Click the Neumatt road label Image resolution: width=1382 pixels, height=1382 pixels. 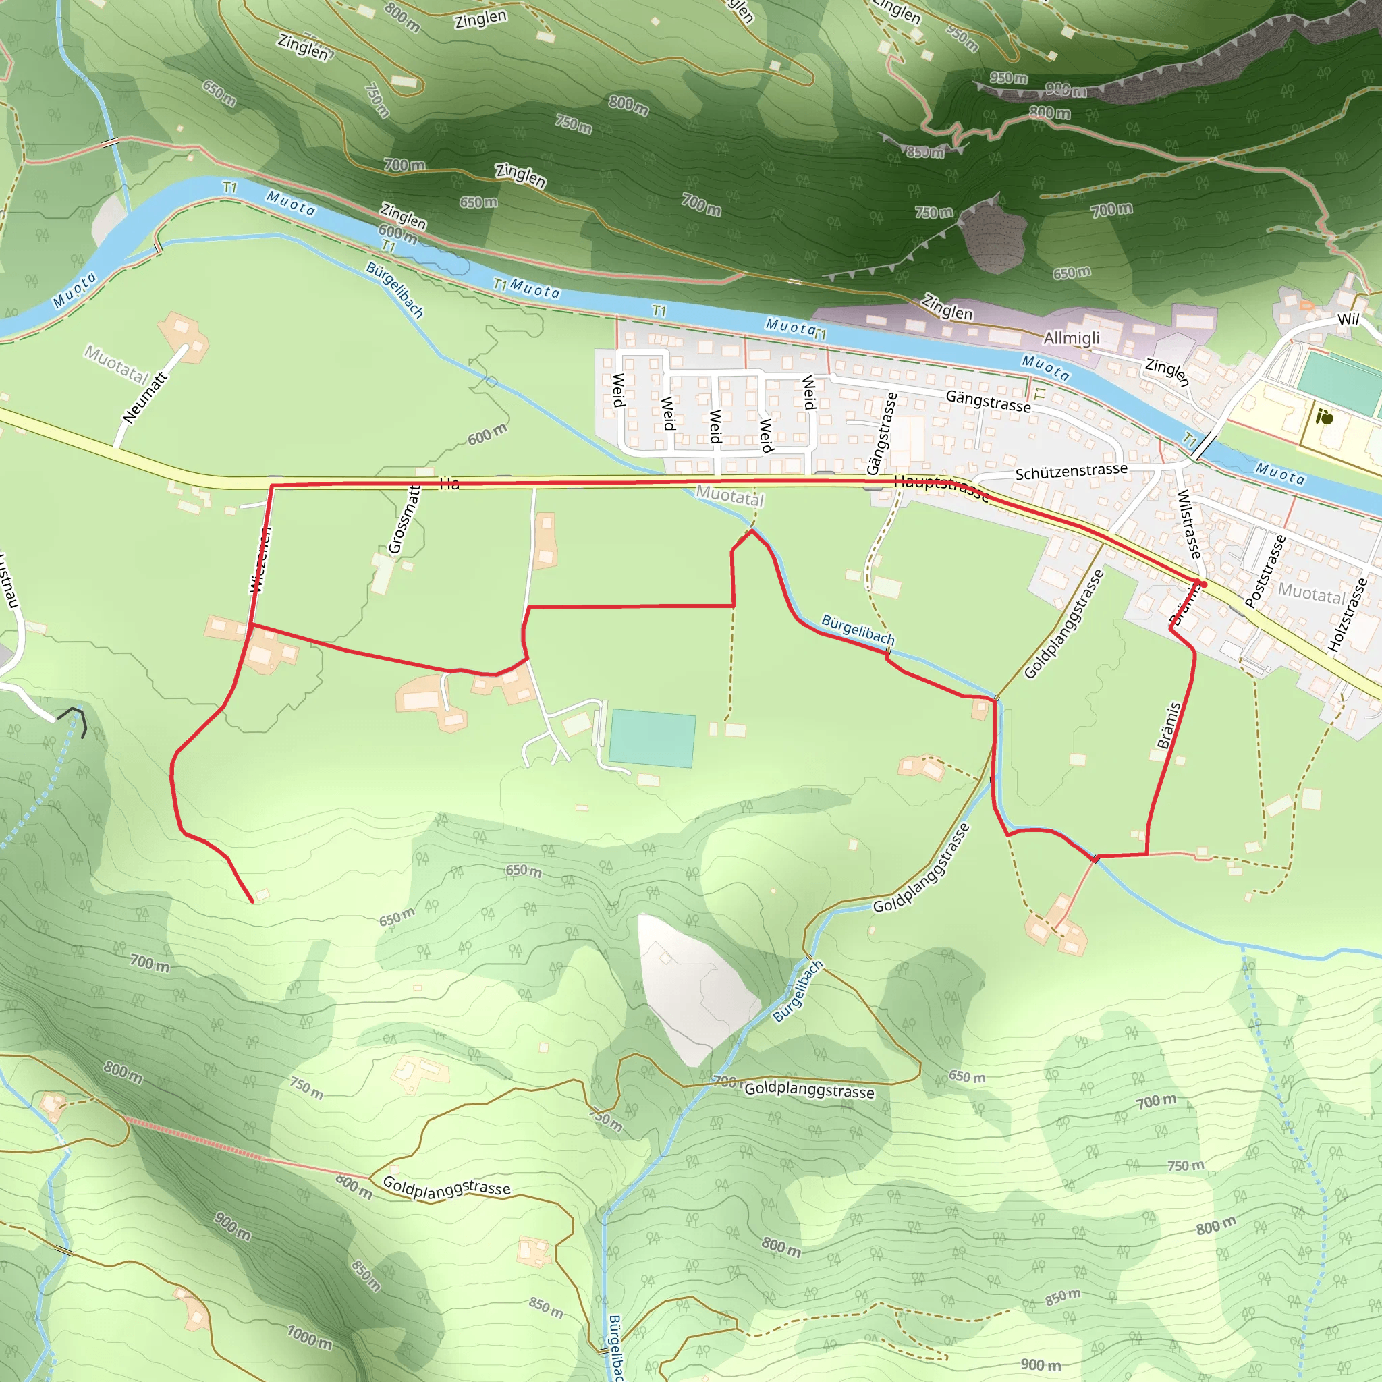(144, 397)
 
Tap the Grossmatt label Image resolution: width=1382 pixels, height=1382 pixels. (404, 520)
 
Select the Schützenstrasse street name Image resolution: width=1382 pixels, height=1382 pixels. (1071, 472)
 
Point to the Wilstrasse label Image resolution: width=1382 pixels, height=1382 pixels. (1188, 524)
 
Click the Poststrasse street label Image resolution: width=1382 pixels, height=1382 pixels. (1265, 571)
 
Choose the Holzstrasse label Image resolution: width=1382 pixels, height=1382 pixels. (1348, 615)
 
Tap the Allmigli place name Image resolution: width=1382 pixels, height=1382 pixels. (1072, 337)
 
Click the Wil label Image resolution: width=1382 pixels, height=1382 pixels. (1348, 319)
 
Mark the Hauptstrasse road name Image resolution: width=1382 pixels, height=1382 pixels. (941, 488)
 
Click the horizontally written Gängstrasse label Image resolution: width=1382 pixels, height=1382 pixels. (988, 402)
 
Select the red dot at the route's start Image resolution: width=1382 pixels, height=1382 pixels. (1204, 584)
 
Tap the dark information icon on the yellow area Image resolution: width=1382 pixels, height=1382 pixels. (1326, 417)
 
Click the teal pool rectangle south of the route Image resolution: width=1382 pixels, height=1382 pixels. (652, 739)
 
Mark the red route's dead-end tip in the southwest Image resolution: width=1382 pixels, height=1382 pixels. (252, 902)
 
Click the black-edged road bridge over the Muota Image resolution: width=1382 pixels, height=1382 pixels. (1205, 446)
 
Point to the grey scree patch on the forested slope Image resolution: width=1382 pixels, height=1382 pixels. (993, 239)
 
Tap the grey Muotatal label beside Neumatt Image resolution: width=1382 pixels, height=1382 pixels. (116, 364)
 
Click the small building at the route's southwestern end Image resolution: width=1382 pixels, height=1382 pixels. (262, 894)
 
